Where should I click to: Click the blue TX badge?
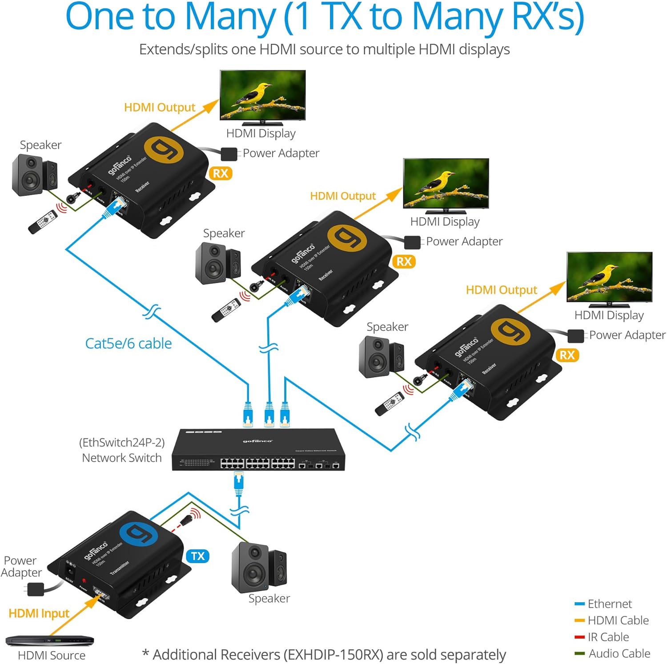click(x=197, y=556)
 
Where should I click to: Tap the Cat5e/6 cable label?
click(x=129, y=344)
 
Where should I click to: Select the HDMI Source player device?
click(x=50, y=641)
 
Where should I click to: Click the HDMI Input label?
click(x=39, y=613)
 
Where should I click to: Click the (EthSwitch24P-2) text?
click(x=122, y=442)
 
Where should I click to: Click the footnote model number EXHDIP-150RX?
click(x=333, y=655)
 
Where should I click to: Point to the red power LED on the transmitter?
click(x=84, y=580)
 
